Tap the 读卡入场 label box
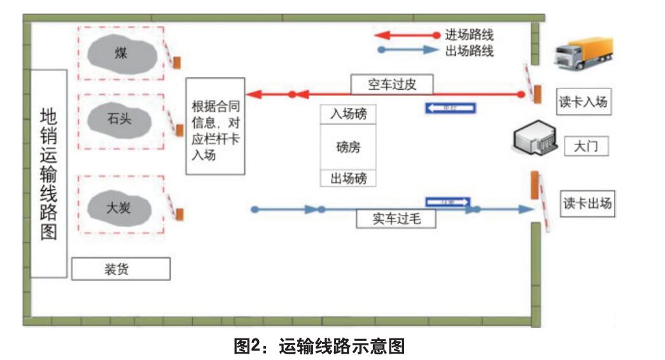tap(583, 102)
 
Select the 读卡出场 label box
tap(588, 203)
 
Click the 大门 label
tap(586, 147)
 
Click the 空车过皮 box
tap(392, 85)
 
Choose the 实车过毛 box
tap(396, 219)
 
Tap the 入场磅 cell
tap(348, 114)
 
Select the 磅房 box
tap(348, 147)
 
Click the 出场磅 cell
tap(348, 178)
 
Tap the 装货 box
tap(120, 269)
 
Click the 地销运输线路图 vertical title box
tap(49, 173)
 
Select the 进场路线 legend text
tap(470, 35)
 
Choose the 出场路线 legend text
tap(470, 51)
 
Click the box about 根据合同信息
tap(215, 127)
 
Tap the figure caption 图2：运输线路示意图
tap(319, 347)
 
